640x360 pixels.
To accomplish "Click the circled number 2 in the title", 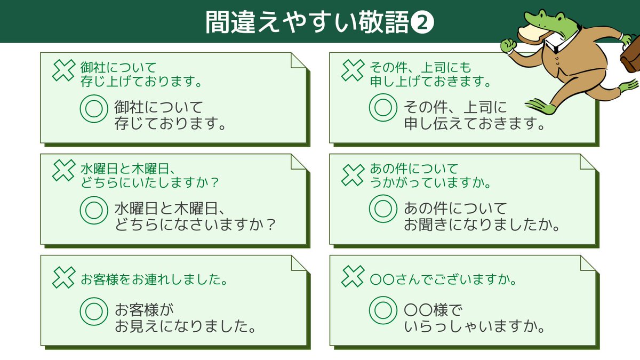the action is click(423, 22).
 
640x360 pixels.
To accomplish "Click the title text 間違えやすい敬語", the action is click(308, 22).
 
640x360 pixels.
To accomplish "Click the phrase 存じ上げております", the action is click(141, 82).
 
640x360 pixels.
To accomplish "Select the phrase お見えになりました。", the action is click(184, 325).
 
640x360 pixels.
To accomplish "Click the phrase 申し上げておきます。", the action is click(430, 82).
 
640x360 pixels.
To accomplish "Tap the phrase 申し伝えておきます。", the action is click(474, 124).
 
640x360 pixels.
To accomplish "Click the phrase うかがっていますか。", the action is click(430, 182).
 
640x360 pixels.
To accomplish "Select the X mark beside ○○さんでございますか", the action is click(353, 275).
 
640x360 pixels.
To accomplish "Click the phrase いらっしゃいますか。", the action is click(474, 325).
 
